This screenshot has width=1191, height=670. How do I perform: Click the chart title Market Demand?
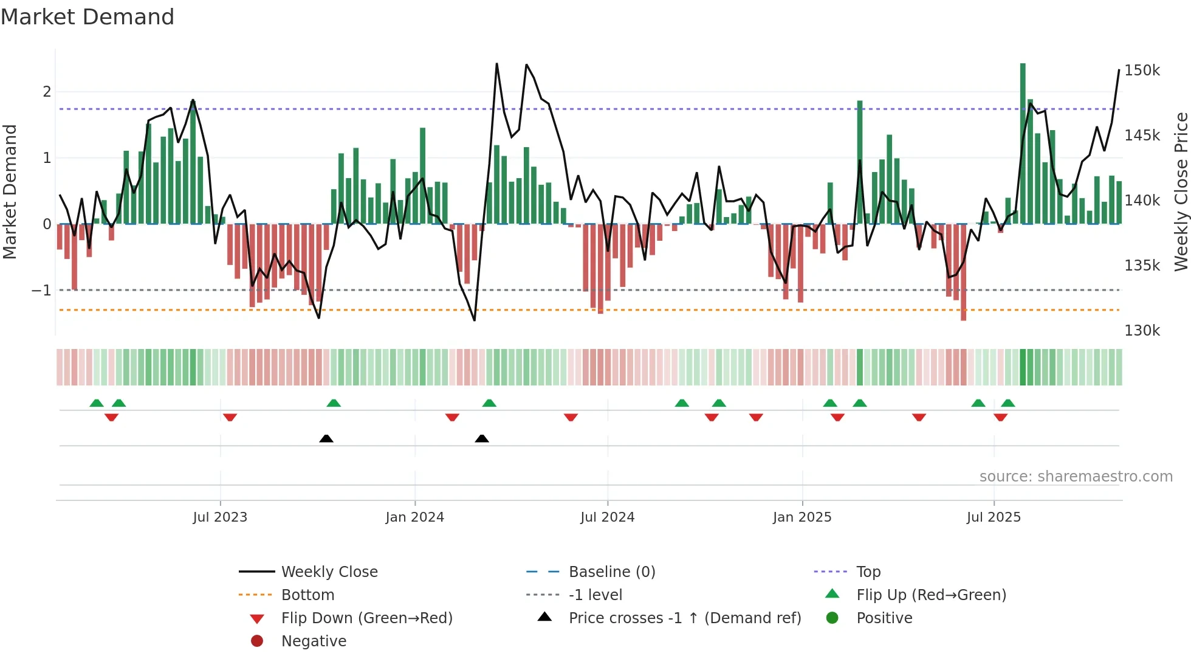pyautogui.click(x=88, y=17)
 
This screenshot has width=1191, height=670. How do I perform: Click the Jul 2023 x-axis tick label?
pyautogui.click(x=220, y=517)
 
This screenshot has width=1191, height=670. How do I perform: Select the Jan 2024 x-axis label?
pyautogui.click(x=414, y=517)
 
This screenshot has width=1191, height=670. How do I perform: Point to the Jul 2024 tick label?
pyautogui.click(x=607, y=517)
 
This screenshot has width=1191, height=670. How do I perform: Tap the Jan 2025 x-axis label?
pyautogui.click(x=802, y=517)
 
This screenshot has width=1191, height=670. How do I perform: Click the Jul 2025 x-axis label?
pyautogui.click(x=994, y=517)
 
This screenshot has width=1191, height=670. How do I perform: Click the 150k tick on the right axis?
pyautogui.click(x=1142, y=71)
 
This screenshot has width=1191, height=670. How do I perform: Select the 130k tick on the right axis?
pyautogui.click(x=1142, y=331)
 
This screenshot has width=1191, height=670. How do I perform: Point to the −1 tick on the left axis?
pyautogui.click(x=41, y=291)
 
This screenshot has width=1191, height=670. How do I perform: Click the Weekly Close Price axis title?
pyautogui.click(x=1181, y=192)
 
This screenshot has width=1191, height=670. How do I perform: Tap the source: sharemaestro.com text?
pyautogui.click(x=1076, y=477)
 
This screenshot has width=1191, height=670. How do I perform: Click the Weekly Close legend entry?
pyautogui.click(x=329, y=572)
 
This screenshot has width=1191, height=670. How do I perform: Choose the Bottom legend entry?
pyautogui.click(x=307, y=595)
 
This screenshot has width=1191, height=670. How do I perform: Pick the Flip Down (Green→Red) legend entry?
pyautogui.click(x=366, y=618)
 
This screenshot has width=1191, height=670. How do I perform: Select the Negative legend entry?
pyautogui.click(x=314, y=641)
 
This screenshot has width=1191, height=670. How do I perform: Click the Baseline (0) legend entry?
pyautogui.click(x=611, y=572)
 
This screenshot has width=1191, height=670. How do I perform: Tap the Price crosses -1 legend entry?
pyautogui.click(x=684, y=618)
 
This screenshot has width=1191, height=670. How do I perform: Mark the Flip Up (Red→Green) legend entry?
pyautogui.click(x=931, y=595)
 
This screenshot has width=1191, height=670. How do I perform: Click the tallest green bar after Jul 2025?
pyautogui.click(x=1023, y=143)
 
